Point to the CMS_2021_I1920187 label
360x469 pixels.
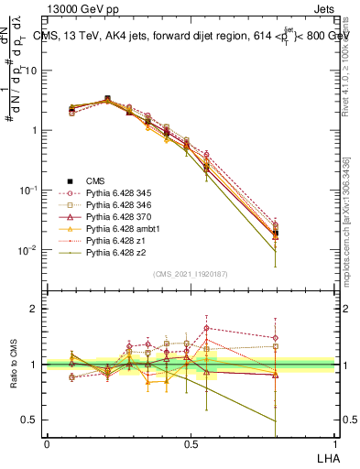191,275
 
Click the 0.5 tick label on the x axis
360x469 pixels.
190,442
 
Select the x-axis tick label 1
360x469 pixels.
333,442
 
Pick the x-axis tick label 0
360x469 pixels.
47,442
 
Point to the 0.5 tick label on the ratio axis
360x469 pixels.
29,420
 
